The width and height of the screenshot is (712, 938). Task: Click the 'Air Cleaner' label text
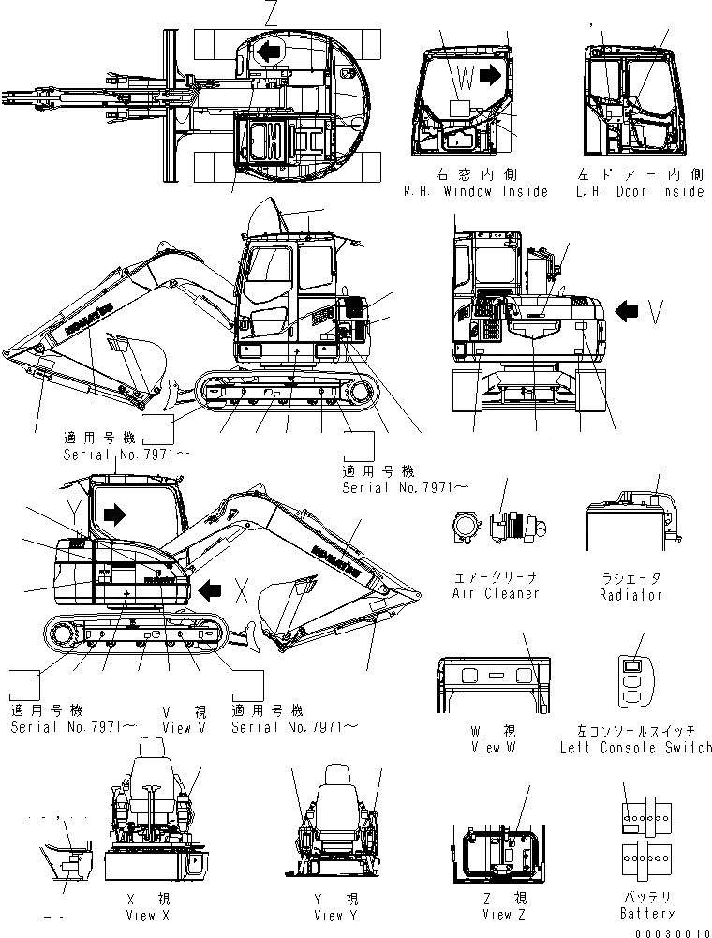pyautogui.click(x=496, y=593)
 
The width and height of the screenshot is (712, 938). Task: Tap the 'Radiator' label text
pyautogui.click(x=631, y=594)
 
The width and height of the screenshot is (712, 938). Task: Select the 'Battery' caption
pyautogui.click(x=646, y=913)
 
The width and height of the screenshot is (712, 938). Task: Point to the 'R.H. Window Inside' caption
pyautogui.click(x=476, y=191)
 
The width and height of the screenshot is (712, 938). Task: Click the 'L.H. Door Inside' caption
pyautogui.click(x=640, y=191)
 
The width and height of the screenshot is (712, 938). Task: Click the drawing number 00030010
pyautogui.click(x=672, y=931)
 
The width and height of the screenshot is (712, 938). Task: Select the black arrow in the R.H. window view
pyautogui.click(x=490, y=75)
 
